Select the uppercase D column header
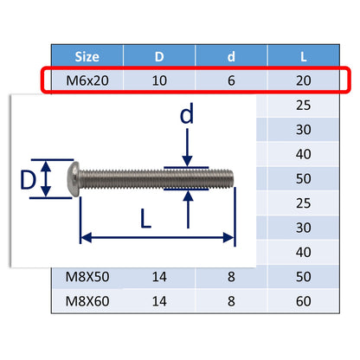point(161,57)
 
